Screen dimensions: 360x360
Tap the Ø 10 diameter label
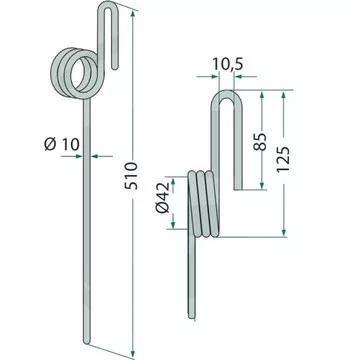tap(62, 144)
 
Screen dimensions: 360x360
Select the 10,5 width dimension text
tap(228, 65)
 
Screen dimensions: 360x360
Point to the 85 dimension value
tap(261, 142)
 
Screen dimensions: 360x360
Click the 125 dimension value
tap(283, 159)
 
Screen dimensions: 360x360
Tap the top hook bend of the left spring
tap(108, 4)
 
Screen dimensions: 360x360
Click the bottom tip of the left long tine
tap(87, 342)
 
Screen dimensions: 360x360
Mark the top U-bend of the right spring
tap(227, 95)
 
